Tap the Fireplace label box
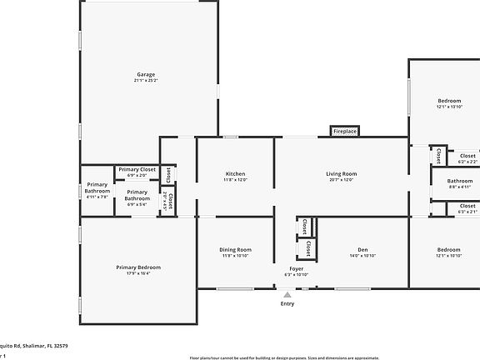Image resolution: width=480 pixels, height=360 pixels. click(x=344, y=132)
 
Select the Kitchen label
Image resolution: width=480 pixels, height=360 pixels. click(x=235, y=173)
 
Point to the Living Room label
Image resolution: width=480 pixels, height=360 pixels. click(x=341, y=173)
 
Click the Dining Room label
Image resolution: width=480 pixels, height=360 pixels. click(x=235, y=250)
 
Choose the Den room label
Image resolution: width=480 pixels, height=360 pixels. click(x=362, y=250)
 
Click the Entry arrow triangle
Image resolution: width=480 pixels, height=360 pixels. click(x=287, y=294)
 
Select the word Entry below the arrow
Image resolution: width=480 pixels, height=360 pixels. click(x=287, y=304)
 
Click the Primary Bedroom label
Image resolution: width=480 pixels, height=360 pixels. click(x=138, y=267)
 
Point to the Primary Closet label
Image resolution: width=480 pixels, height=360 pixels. click(x=137, y=169)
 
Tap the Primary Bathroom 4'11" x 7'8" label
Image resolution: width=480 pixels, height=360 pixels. click(x=97, y=187)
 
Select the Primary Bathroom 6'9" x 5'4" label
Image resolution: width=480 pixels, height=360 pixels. click(x=137, y=195)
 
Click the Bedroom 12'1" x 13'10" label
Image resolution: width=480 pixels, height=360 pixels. click(x=449, y=101)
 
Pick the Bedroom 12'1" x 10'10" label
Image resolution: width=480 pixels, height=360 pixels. click(x=449, y=250)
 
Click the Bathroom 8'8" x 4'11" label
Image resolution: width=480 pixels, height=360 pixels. click(x=460, y=181)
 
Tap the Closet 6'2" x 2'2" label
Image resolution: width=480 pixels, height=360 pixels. click(x=467, y=155)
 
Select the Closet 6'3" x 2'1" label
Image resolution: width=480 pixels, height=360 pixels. click(x=467, y=206)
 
